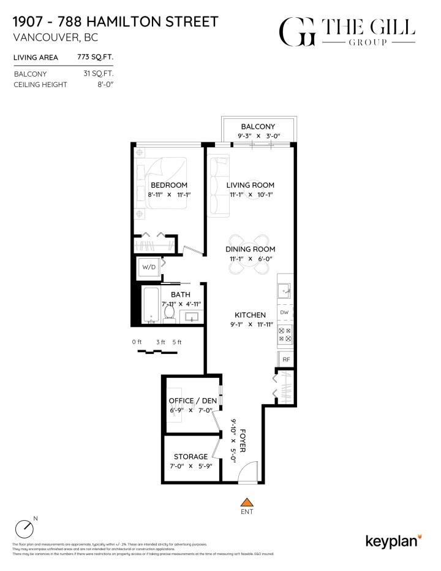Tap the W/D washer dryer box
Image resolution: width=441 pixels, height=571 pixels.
[x=149, y=267]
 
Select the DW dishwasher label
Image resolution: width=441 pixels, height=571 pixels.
[x=284, y=313]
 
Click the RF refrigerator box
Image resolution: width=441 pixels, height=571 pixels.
[x=285, y=359]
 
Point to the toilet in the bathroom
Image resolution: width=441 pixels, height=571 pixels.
[x=170, y=313]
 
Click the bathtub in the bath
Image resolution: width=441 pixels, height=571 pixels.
[x=151, y=305]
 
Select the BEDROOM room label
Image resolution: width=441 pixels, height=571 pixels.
[x=169, y=185]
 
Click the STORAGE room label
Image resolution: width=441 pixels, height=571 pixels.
[x=190, y=456]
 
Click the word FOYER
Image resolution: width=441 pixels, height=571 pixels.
[x=243, y=440]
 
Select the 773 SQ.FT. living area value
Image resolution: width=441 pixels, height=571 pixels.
[x=96, y=58]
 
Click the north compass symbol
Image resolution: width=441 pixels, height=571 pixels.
[x=24, y=528]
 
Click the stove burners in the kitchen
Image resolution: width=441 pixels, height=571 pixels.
[x=285, y=334]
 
